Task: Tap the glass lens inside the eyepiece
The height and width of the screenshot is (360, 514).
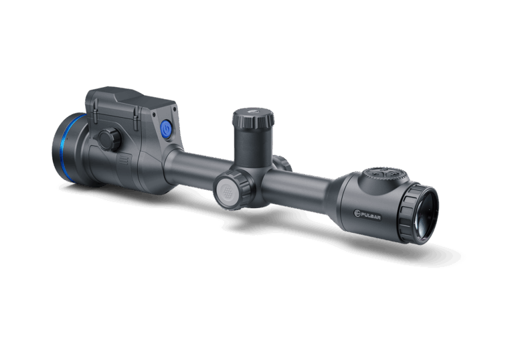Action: tap(426, 215)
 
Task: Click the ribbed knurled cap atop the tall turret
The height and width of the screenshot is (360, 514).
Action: tap(254, 118)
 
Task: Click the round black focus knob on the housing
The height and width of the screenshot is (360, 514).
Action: tap(110, 140)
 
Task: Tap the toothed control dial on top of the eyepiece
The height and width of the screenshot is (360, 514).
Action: tap(385, 174)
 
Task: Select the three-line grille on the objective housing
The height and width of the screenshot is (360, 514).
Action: tap(123, 159)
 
